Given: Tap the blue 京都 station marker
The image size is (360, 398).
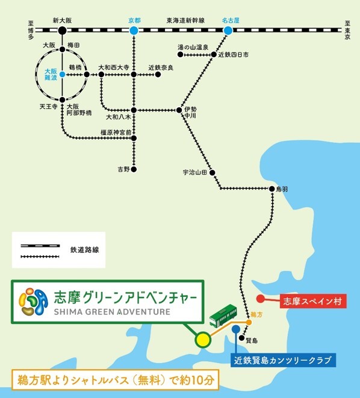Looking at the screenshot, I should [x=134, y=30].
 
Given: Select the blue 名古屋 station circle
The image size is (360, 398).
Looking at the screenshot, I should [x=227, y=30].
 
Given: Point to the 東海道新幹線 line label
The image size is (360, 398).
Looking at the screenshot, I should [x=185, y=20].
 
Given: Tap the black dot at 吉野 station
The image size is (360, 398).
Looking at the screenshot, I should [x=134, y=169].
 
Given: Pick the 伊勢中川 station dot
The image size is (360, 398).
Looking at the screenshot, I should [x=179, y=110].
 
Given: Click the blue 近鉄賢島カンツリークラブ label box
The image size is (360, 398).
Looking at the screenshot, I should [x=283, y=361].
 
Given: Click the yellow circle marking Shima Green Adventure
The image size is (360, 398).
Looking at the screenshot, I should [x=203, y=340].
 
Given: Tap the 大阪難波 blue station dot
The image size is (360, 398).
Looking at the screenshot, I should [x=62, y=75].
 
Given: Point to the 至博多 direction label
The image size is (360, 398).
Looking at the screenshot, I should [x=30, y=30].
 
